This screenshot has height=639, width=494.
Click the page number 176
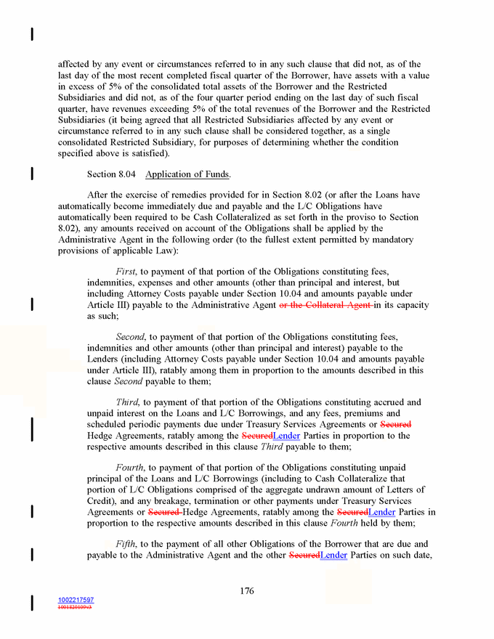pyautogui.click(x=247, y=590)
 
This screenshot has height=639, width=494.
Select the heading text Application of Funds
pyautogui.click(x=187, y=174)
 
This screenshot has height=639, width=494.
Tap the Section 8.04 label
pyautogui.click(x=111, y=174)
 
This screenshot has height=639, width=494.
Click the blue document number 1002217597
pyautogui.click(x=76, y=600)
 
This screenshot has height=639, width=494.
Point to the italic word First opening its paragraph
pyautogui.click(x=126, y=272)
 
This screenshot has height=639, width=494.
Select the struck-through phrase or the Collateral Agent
pyautogui.click(x=325, y=305)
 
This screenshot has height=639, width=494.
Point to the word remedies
pyautogui.click(x=208, y=195)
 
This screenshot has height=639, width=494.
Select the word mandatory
pyautogui.click(x=400, y=240)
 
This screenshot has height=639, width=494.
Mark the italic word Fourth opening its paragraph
pyautogui.click(x=131, y=468)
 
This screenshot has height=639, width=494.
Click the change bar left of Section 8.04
pyautogui.click(x=31, y=174)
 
